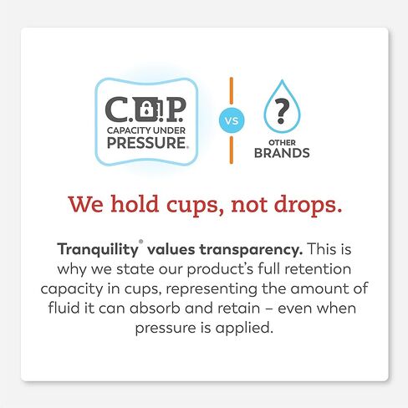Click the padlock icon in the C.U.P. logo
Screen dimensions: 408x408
tap(146, 109)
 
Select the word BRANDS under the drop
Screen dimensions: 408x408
tap(283, 153)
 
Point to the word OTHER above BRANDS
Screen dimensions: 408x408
tap(282, 142)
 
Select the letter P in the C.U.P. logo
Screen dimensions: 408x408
tap(173, 110)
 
